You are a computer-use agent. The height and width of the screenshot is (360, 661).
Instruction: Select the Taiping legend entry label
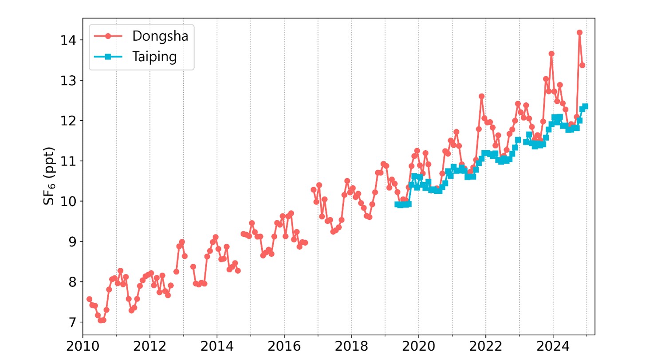pyautogui.click(x=154, y=58)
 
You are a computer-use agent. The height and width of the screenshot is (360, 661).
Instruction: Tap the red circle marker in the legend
pyautogui.click(x=108, y=36)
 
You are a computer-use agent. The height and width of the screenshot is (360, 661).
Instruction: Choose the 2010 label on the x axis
pyautogui.click(x=83, y=345)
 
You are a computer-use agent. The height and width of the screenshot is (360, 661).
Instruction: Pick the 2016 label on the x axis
pyautogui.click(x=284, y=345)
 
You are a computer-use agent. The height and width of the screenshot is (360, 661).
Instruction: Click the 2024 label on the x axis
pyautogui.click(x=553, y=345)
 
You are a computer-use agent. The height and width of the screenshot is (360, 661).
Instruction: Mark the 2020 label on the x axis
pyautogui.click(x=418, y=345)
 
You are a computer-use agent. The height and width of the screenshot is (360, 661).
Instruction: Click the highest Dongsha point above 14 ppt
pyautogui.click(x=579, y=32)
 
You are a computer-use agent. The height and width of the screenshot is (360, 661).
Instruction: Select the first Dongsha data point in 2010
pyautogui.click(x=89, y=299)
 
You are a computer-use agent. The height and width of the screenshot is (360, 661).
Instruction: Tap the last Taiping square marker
pyautogui.click(x=585, y=106)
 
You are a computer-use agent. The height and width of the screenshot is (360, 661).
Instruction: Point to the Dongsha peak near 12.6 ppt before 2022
pyautogui.click(x=481, y=96)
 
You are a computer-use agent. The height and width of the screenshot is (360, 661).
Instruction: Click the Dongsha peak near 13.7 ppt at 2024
pyautogui.click(x=551, y=54)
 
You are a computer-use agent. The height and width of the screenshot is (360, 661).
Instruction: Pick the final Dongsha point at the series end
pyautogui.click(x=582, y=65)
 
